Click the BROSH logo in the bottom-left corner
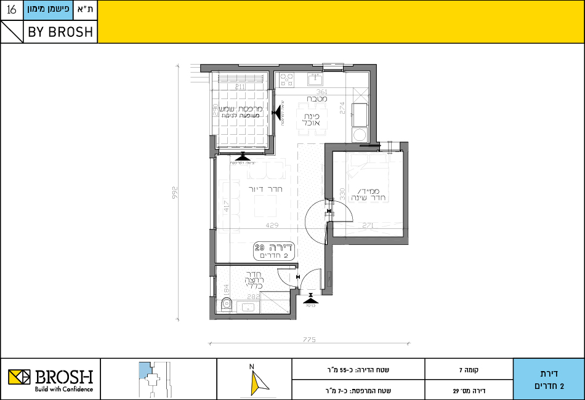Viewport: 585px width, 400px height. pos(50,378)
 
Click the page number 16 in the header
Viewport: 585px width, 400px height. pos(12,10)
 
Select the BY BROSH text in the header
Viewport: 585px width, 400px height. pos(60,32)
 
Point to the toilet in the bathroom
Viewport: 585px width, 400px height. pos(225,303)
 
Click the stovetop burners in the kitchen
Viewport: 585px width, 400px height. pos(287,79)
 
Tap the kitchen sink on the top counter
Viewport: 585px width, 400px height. pos(315,79)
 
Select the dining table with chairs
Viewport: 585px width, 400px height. pos(307,116)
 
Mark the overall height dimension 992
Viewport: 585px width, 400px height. pos(175,191)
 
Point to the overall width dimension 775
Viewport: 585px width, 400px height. pos(309,340)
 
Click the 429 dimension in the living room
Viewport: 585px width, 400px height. pos(272,225)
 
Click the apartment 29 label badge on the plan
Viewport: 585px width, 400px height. pos(275,250)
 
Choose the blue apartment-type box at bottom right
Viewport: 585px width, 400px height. pos(548,379)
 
